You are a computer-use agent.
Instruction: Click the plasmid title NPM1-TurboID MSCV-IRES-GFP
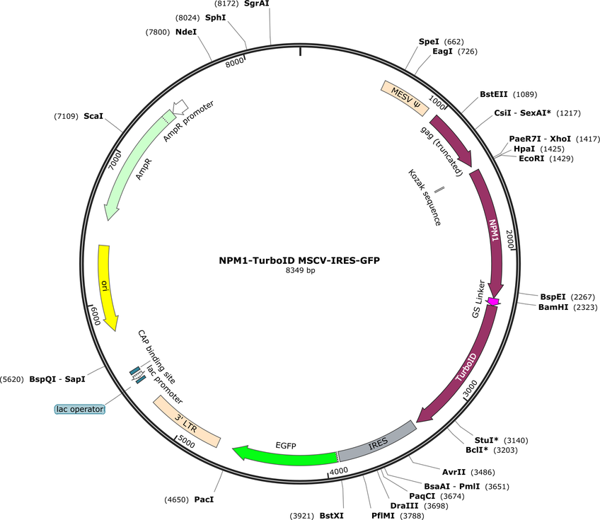[299, 260]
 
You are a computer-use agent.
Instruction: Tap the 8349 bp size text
[300, 270]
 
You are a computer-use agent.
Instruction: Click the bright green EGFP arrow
[285, 456]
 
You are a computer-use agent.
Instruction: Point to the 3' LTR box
[187, 422]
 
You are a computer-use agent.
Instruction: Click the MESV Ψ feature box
[405, 98]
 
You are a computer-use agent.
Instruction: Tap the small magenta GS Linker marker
[493, 301]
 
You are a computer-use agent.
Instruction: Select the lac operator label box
[79, 410]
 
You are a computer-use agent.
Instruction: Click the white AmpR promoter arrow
[180, 107]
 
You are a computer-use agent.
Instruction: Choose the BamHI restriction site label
[553, 307]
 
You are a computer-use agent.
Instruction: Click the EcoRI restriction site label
[531, 158]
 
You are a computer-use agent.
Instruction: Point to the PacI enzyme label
[204, 499]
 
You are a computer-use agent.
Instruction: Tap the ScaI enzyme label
[93, 116]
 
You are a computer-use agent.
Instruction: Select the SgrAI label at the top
[256, 4]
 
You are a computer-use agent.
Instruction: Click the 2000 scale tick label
[510, 239]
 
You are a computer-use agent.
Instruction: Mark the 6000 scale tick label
[95, 316]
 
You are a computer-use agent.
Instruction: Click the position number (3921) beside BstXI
[302, 516]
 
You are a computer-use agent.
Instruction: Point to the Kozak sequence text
[425, 197]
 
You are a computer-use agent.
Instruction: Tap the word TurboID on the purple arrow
[466, 367]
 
